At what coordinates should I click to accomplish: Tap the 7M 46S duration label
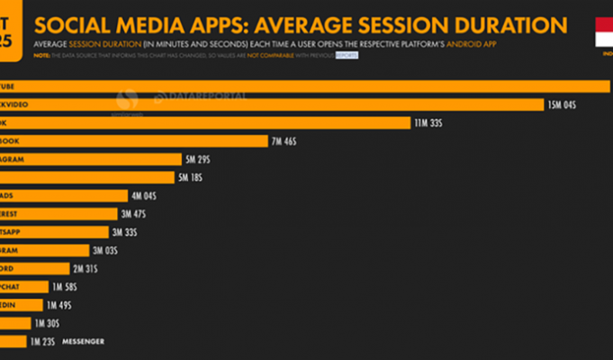coord(284,141)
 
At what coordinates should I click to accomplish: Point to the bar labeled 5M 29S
coord(89,159)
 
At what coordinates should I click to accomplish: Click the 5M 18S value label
coord(191,177)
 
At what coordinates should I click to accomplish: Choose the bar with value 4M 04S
coord(63,195)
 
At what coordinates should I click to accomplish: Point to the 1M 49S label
coord(59,305)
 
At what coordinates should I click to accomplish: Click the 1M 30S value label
coord(46,323)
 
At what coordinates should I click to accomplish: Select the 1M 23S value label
coord(41,341)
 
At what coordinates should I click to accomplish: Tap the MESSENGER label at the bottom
coord(83,341)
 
